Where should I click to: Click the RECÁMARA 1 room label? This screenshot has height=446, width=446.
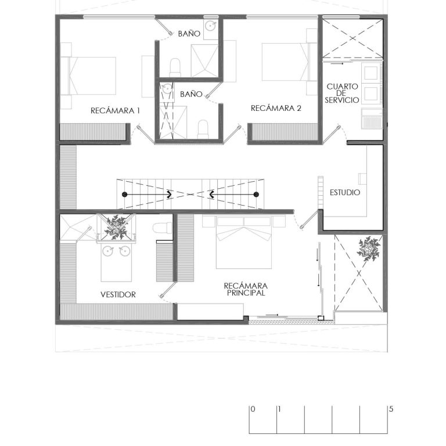coord(115,111)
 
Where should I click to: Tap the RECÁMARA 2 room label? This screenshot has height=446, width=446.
coord(276,109)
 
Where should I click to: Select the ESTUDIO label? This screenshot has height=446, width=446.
coord(345,193)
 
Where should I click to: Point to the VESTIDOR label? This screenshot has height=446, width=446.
coord(118,294)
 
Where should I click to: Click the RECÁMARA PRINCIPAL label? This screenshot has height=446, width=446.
coord(246,289)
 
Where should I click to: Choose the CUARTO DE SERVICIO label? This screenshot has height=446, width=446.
coord(342,93)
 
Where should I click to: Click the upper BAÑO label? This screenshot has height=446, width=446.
coord(189,34)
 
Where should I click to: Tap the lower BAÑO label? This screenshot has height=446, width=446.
coord(191,94)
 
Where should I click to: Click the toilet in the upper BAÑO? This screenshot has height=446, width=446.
coord(175,67)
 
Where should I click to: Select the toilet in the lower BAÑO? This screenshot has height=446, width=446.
coord(203,129)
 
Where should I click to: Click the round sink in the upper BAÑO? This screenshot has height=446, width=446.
coord(210,26)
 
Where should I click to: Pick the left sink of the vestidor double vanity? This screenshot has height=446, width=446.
coord(108,251)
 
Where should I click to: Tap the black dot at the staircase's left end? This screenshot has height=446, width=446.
coord(124,195)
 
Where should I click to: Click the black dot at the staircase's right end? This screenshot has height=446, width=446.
coord(256,195)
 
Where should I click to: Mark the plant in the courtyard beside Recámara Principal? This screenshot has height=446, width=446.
coord(369,249)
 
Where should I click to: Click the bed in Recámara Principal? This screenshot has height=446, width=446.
coord(244,242)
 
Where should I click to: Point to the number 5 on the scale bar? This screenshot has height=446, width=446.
coord(391,409)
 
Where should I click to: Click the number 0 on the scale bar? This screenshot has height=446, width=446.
coord(253,409)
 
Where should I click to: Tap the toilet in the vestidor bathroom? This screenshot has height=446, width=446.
coord(162,228)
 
